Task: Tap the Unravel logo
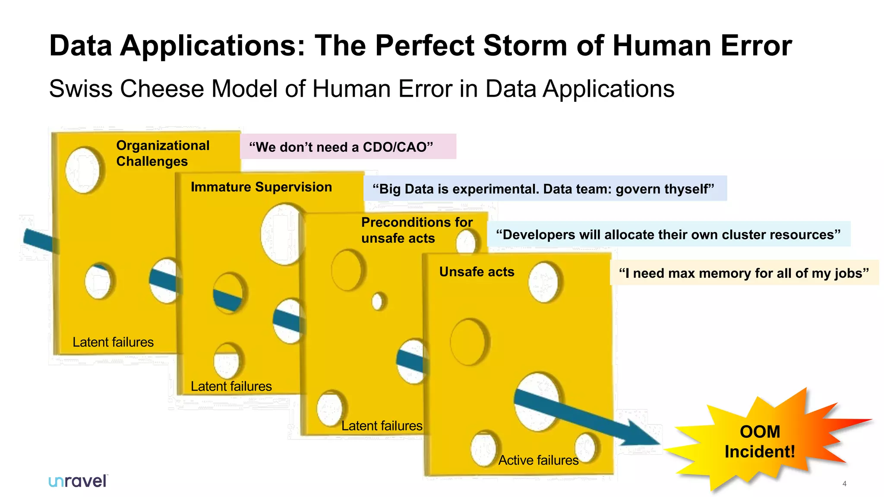coord(78,481)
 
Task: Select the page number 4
coord(844,484)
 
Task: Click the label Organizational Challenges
coord(163,153)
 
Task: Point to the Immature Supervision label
coord(261,187)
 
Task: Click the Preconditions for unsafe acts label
coord(417,230)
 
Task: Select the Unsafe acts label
coord(477,272)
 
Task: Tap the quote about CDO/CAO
coord(341,147)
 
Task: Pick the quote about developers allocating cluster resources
coord(668,234)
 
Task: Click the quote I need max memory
coord(743,273)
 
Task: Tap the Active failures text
coord(538,460)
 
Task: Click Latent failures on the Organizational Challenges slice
coord(113,342)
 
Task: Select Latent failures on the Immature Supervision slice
coord(231,386)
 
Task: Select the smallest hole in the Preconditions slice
coord(378,301)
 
